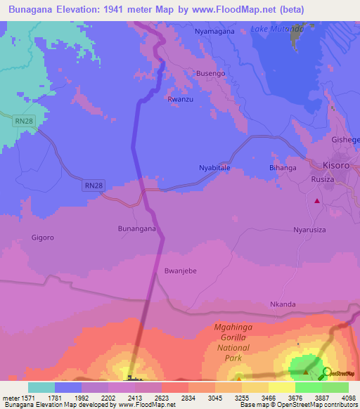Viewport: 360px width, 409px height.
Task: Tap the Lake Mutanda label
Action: (277, 29)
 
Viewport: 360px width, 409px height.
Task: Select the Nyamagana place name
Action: (215, 32)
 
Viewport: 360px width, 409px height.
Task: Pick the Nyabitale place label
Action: (214, 168)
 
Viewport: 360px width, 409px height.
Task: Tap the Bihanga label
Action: (283, 168)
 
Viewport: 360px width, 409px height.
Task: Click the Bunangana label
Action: (136, 228)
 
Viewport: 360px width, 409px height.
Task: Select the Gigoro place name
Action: (42, 238)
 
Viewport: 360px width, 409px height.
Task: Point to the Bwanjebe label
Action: (179, 270)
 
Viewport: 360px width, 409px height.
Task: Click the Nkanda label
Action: (283, 304)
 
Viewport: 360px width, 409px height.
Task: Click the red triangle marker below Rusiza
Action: (317, 201)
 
